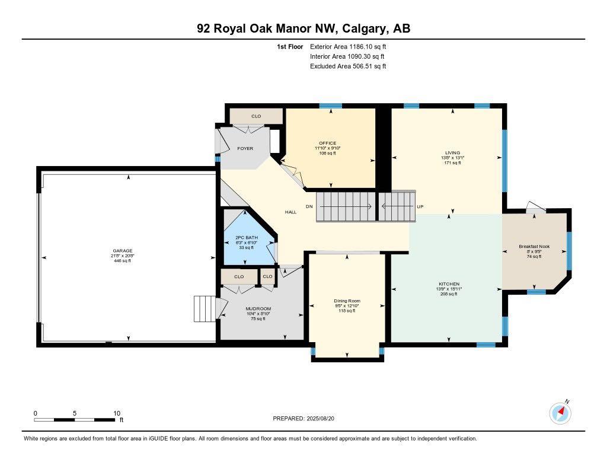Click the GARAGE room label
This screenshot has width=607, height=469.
click(123, 251)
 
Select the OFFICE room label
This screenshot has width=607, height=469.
click(327, 143)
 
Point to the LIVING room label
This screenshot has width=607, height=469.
click(452, 152)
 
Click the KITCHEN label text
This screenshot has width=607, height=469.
click(449, 284)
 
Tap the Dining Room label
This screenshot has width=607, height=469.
click(347, 301)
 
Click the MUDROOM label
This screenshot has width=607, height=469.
click(258, 309)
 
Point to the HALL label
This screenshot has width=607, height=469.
click(290, 212)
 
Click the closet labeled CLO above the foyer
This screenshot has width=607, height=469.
click(256, 116)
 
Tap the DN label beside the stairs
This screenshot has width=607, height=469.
click(309, 207)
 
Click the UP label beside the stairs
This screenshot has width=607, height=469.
click(421, 207)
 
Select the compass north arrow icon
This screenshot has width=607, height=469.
click(560, 412)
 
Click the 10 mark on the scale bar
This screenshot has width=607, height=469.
click(117, 413)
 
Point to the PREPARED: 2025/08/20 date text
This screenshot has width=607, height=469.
click(308, 419)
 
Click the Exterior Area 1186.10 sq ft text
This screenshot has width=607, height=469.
click(348, 46)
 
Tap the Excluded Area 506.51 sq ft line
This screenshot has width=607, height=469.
click(348, 66)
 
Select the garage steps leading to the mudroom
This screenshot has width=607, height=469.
click(205, 309)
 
